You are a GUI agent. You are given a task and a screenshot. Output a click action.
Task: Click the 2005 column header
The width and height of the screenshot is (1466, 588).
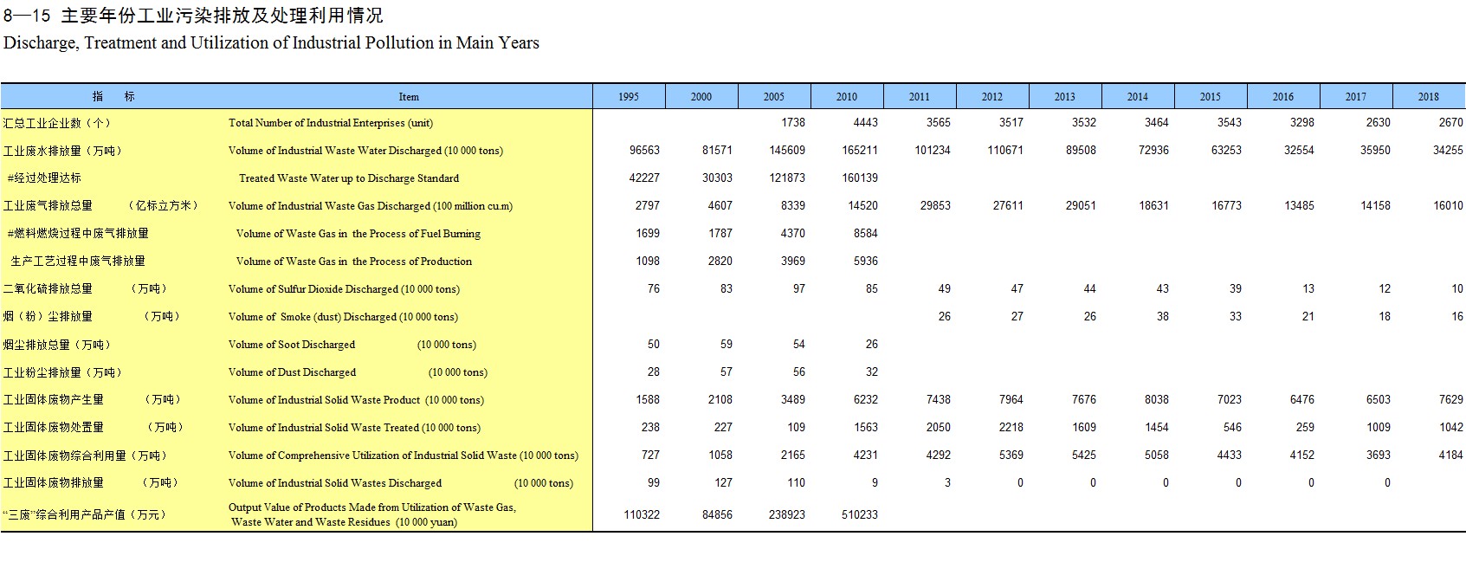click(773, 96)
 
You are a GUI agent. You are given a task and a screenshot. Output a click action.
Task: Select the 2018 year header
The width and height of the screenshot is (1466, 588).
click(1428, 96)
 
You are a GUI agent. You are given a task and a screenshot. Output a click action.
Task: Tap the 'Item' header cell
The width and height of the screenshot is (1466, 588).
click(409, 97)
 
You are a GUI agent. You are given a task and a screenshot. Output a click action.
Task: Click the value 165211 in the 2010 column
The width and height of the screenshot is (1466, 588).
click(859, 151)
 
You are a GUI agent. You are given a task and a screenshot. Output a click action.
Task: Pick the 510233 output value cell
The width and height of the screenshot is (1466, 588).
click(859, 514)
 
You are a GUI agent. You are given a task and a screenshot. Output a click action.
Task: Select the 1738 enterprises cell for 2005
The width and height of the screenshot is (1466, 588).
click(792, 122)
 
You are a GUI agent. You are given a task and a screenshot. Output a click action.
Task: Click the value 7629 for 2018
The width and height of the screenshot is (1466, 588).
click(1450, 399)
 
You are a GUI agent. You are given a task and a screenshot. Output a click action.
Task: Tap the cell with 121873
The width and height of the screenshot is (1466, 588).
click(786, 178)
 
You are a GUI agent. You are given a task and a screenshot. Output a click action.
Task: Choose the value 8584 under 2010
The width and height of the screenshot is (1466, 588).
click(865, 233)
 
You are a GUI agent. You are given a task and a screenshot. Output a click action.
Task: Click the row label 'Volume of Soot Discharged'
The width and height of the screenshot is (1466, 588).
click(291, 345)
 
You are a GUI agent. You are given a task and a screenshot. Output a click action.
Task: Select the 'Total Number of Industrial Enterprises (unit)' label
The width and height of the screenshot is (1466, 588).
click(331, 123)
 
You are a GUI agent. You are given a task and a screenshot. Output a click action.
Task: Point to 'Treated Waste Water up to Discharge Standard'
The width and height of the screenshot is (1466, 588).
click(349, 178)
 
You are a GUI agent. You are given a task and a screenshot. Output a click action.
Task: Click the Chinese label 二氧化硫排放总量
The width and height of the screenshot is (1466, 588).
click(48, 288)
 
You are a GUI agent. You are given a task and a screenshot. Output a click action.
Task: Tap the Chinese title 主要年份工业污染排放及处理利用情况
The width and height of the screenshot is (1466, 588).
click(222, 15)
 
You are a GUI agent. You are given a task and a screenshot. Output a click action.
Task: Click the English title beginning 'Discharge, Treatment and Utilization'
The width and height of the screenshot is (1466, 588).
click(271, 43)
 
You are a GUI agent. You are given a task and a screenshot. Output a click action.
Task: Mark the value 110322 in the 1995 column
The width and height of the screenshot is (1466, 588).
click(642, 514)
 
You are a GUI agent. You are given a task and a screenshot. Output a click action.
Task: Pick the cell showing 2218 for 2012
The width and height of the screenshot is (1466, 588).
click(1011, 427)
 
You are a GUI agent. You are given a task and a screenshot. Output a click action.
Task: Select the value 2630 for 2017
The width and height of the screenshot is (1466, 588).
click(1378, 122)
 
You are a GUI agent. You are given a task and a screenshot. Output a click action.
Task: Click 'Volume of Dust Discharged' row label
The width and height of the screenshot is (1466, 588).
click(292, 372)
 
